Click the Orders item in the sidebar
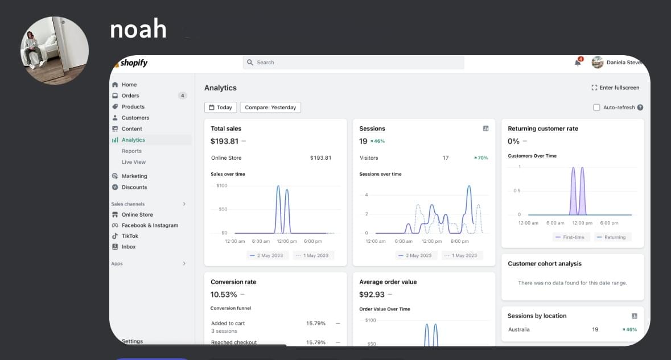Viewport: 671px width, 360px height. pos(130,96)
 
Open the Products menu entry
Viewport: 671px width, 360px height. pos(133,107)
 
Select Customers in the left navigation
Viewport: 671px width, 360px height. pos(135,118)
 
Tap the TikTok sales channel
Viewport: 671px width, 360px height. pos(130,236)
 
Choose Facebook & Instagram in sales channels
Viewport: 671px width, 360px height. pos(150,225)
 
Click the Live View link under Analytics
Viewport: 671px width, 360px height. pos(134,162)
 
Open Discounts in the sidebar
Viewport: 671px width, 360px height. pos(134,187)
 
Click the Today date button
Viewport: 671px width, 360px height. pos(220,107)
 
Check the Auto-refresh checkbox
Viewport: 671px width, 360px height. pos(596,107)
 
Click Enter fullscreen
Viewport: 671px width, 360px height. pos(615,88)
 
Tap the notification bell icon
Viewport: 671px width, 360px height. pos(578,63)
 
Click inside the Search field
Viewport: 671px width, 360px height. pos(353,63)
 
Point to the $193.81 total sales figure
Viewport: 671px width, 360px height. pos(224,141)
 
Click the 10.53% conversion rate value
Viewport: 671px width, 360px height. pos(223,295)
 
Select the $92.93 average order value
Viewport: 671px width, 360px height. pos(372,295)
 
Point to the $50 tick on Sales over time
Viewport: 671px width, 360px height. pos(223,209)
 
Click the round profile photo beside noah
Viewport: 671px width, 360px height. pos(55,51)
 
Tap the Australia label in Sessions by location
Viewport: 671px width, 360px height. pos(518,330)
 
